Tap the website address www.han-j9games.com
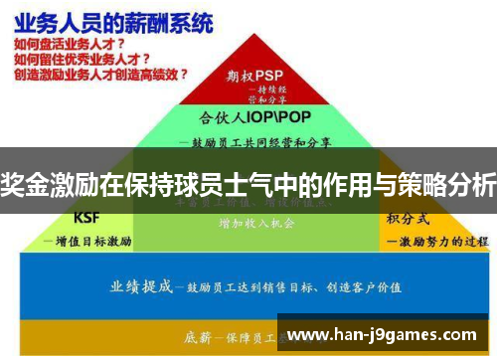[x=385, y=335]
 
